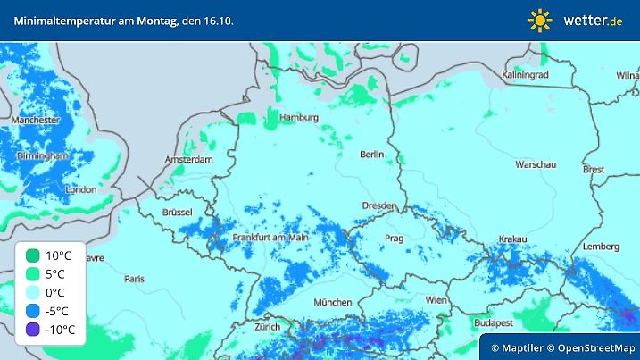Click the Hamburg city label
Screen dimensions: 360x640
pos(299,118)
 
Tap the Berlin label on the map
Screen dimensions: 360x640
pos(371,155)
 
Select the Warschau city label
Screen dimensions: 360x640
pos(536,164)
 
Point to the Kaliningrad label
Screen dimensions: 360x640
pos(524,76)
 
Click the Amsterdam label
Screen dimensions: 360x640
pos(188,160)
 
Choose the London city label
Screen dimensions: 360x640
pos(80,189)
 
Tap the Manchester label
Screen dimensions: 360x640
pos(36,120)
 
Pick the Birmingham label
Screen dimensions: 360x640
pos(43,155)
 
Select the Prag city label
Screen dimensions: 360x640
pos(395,239)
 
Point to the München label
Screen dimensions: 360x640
pos(332,303)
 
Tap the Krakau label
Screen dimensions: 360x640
pos(513,239)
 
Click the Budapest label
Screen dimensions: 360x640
pos(492,322)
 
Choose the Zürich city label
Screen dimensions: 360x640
pos(267,327)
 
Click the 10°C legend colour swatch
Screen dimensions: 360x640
pos(33,255)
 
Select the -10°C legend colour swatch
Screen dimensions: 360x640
pos(33,330)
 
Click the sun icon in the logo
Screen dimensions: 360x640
pos(540,20)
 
